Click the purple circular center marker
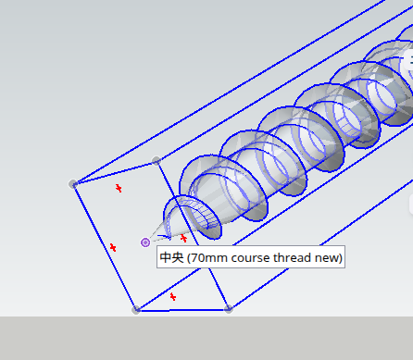[145, 242]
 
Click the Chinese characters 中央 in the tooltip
[171, 257]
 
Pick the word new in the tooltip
[327, 258]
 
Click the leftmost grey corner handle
[73, 184]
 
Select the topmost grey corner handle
[156, 160]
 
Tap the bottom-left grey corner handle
[136, 309]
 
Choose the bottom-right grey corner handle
[229, 309]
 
